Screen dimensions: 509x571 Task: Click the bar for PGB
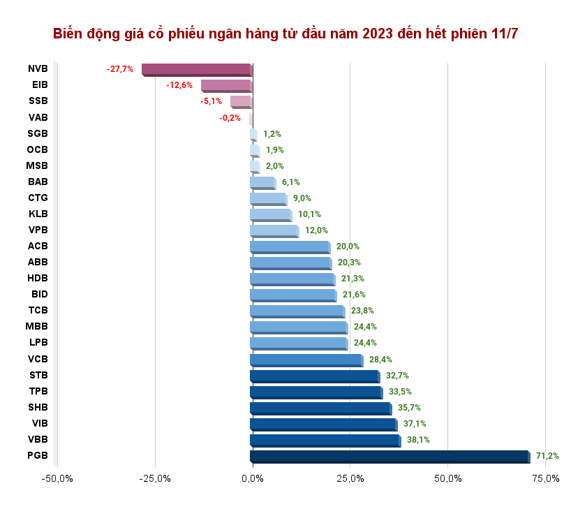point(390,456)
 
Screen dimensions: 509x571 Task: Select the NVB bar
point(196,69)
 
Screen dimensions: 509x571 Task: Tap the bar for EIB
point(226,85)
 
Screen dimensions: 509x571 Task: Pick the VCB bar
point(306,360)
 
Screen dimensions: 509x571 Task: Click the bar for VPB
point(274,230)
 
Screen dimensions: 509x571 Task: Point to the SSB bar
point(241,101)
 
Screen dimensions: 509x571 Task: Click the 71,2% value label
point(547,456)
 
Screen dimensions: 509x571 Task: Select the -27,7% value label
point(119,69)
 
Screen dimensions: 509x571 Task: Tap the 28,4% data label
point(380,360)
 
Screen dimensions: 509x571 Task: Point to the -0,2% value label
point(230,118)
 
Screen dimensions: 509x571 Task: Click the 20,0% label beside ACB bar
point(348,246)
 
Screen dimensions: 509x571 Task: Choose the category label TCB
point(38,311)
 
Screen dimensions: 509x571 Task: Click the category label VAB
point(38,117)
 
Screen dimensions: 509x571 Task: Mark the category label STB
point(38,375)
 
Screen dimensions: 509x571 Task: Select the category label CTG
point(38,198)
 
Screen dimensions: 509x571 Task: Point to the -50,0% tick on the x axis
point(57,478)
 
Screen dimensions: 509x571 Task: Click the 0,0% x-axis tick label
point(253,478)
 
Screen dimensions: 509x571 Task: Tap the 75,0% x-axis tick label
point(546,478)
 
